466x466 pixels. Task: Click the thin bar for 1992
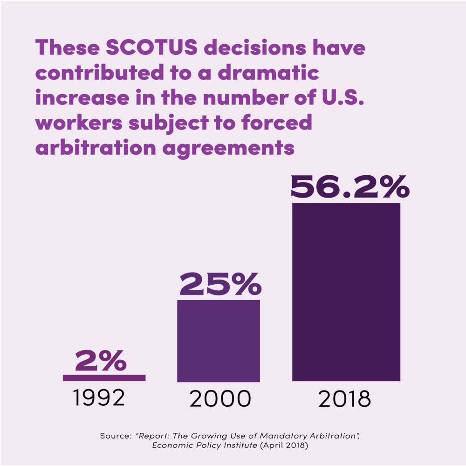click(x=104, y=378)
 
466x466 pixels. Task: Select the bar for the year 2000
click(x=219, y=341)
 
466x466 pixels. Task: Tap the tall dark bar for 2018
click(x=346, y=292)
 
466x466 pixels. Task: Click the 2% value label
click(x=101, y=360)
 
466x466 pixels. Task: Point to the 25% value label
click(x=220, y=284)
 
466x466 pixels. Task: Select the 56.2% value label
click(x=350, y=187)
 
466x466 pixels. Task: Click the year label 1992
click(x=99, y=397)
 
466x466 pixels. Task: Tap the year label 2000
click(x=220, y=398)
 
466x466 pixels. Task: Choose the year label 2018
click(x=344, y=399)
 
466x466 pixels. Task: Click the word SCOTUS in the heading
click(x=151, y=47)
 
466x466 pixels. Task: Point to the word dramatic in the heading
click(x=268, y=72)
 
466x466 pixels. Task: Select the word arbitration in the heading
click(x=96, y=147)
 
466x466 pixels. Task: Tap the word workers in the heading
click(x=79, y=123)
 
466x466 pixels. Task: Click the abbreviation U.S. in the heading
click(x=343, y=97)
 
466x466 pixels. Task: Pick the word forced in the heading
click(x=277, y=122)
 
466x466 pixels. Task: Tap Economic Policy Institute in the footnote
click(x=205, y=445)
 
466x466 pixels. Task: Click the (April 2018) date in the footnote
click(x=284, y=445)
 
